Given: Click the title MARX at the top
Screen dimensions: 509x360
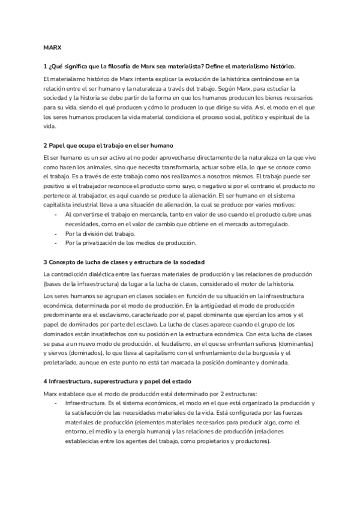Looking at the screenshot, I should click(x=52, y=46).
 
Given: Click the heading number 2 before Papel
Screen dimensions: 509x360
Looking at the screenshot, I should click(x=45, y=146).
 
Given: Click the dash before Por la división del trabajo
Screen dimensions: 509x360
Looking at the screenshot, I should click(x=56, y=233).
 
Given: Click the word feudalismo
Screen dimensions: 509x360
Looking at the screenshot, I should click(x=182, y=344).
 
